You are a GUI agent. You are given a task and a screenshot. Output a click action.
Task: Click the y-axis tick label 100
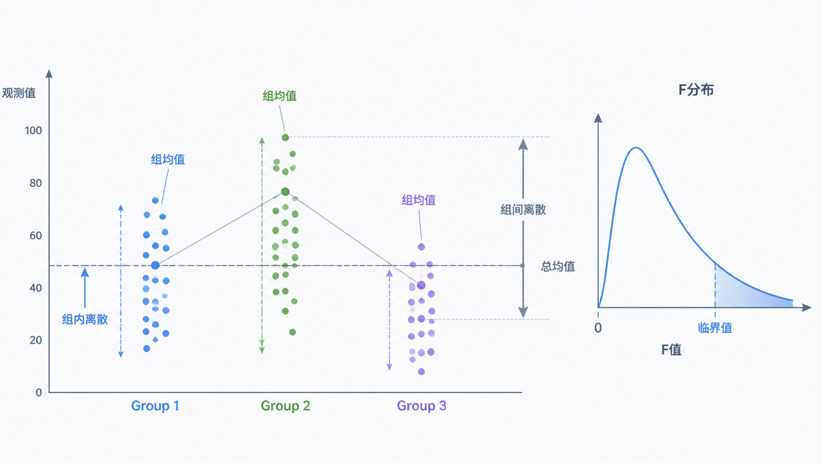click(x=33, y=130)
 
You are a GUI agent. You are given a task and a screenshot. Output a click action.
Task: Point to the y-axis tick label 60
click(x=35, y=235)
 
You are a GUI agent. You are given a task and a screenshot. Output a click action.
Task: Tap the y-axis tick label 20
click(x=35, y=340)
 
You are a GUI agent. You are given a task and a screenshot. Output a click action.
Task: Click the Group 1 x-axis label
click(x=155, y=406)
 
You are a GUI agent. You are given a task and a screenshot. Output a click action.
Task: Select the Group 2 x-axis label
click(x=286, y=406)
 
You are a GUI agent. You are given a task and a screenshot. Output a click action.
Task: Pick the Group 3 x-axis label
click(x=422, y=406)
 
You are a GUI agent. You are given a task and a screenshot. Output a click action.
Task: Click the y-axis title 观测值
click(x=19, y=93)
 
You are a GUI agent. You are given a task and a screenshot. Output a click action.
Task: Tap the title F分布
click(x=696, y=90)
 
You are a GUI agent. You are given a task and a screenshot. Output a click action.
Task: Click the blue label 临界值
click(x=715, y=328)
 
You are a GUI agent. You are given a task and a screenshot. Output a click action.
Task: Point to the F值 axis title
click(x=671, y=349)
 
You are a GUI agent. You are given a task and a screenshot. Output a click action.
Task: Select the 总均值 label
click(x=558, y=266)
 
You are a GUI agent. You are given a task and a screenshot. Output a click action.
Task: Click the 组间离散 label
click(x=523, y=210)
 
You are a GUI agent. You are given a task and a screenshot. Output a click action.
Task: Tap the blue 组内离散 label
click(x=85, y=319)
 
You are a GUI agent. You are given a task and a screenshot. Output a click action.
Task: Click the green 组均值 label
click(x=280, y=96)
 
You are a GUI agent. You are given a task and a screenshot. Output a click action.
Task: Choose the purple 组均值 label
click(x=419, y=200)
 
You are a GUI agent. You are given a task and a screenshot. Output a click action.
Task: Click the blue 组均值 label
click(x=168, y=159)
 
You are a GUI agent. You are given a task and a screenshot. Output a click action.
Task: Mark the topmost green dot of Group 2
click(x=285, y=137)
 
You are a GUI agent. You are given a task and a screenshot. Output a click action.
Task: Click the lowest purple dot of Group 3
click(x=421, y=371)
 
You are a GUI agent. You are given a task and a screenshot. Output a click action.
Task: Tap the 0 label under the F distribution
click(x=598, y=328)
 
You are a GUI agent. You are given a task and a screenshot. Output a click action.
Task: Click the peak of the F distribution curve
click(x=636, y=148)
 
